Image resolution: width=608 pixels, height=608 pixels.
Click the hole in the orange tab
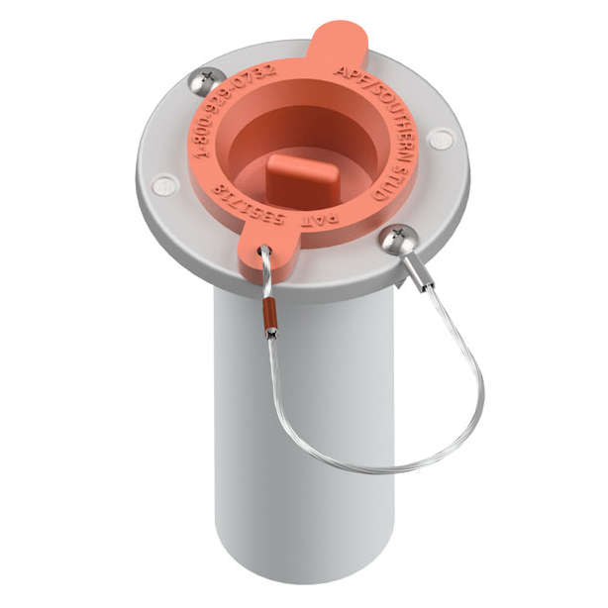coord(264,253)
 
